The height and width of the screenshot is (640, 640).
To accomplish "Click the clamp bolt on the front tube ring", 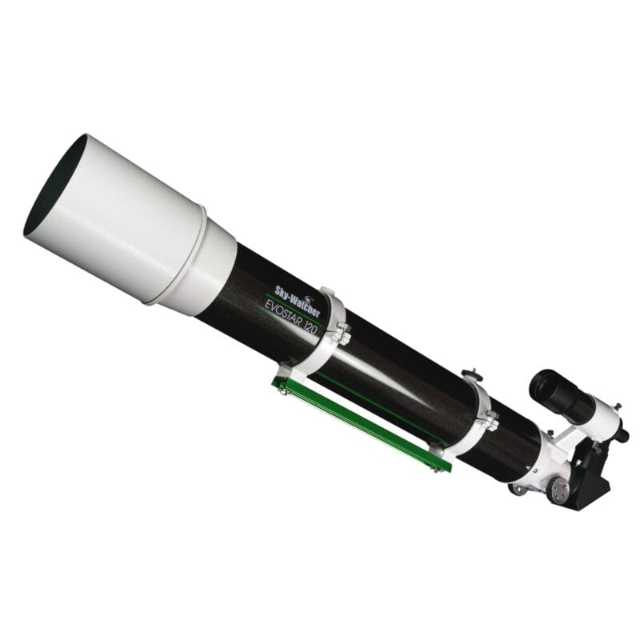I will (x=342, y=329).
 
